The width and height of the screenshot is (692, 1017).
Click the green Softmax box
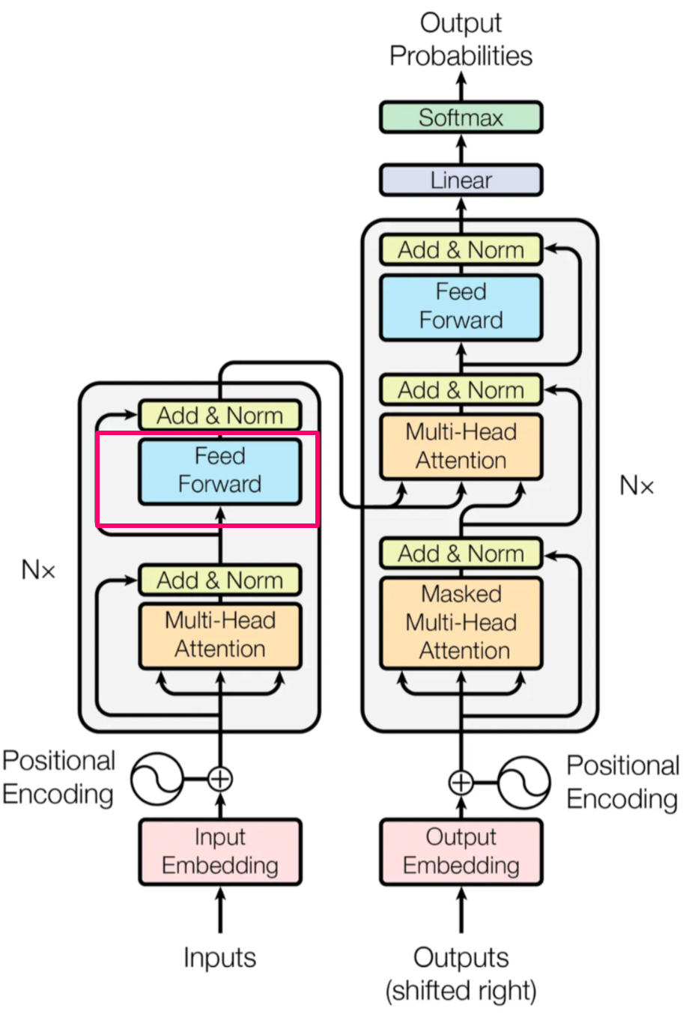click(461, 118)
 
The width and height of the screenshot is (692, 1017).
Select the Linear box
click(461, 180)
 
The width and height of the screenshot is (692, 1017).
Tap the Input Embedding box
click(220, 851)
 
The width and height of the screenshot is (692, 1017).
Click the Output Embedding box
click(461, 851)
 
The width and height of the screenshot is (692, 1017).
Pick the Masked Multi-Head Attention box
click(461, 622)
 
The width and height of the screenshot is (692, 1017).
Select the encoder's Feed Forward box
click(220, 470)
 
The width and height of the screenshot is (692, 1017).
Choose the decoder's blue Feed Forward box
click(461, 306)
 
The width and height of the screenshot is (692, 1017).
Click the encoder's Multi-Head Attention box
click(220, 635)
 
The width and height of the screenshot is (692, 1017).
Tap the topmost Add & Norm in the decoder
click(461, 250)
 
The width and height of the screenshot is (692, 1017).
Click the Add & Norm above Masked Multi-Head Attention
click(461, 554)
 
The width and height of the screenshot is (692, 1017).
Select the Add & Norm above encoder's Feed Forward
click(220, 416)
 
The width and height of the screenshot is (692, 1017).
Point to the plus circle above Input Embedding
click(220, 780)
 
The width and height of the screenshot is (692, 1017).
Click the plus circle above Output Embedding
click(461, 783)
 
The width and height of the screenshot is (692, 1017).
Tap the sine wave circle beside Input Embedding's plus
click(157, 780)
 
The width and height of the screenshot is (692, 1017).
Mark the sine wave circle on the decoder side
click(523, 783)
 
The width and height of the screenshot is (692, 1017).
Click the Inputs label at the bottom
click(220, 958)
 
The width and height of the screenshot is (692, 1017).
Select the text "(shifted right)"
click(461, 991)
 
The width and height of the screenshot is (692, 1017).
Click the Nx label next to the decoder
click(637, 486)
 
